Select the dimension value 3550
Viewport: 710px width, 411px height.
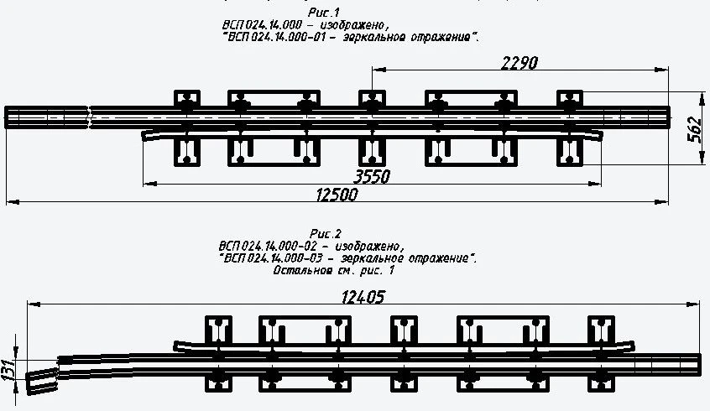(x=373, y=176)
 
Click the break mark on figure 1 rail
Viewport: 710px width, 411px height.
(x=91, y=117)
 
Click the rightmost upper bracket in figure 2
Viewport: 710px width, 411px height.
(x=602, y=329)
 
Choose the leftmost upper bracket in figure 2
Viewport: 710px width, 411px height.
(x=220, y=329)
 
